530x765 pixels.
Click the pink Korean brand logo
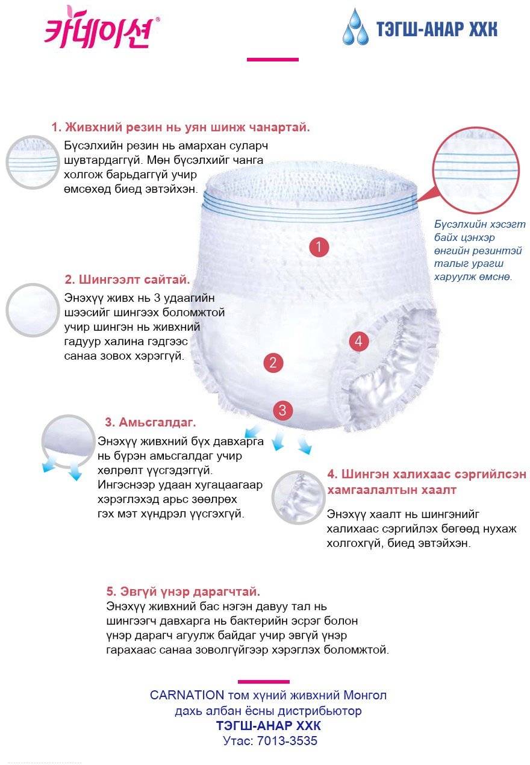pyautogui.click(x=101, y=28)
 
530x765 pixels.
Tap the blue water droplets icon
pyautogui.click(x=355, y=27)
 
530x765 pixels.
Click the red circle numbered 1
pyautogui.click(x=319, y=246)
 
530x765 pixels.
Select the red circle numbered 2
pyautogui.click(x=273, y=363)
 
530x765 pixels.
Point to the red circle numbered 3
pyautogui.click(x=282, y=410)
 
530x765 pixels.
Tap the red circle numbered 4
pyautogui.click(x=358, y=341)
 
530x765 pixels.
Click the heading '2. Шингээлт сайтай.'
pyautogui.click(x=127, y=279)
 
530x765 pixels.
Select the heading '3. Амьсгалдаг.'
pyautogui.click(x=151, y=422)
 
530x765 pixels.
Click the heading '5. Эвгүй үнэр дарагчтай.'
pyautogui.click(x=183, y=591)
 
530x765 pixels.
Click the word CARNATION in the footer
pyautogui.click(x=187, y=695)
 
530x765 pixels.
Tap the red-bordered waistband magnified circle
pyautogui.click(x=476, y=170)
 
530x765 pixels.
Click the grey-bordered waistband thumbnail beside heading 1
pyautogui.click(x=33, y=162)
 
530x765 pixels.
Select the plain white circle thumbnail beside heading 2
pyautogui.click(x=33, y=310)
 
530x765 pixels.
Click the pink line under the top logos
pyautogui.click(x=272, y=60)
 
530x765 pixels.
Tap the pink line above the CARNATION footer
pyautogui.click(x=264, y=682)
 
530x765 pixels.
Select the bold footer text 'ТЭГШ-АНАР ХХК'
pyautogui.click(x=269, y=726)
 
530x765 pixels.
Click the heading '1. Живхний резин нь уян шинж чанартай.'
pyautogui.click(x=181, y=127)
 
